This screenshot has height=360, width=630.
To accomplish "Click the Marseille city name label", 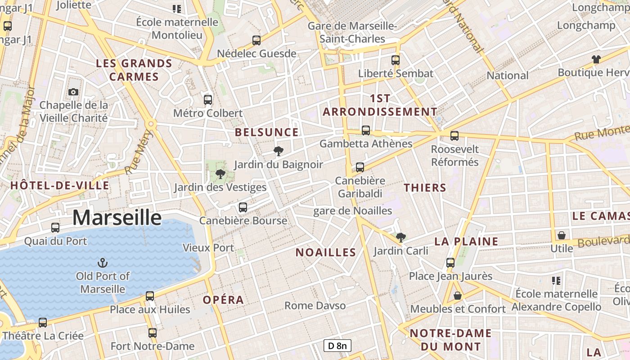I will click(117, 218).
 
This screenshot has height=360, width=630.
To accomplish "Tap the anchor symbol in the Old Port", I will click(103, 262).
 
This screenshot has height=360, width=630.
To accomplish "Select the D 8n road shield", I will click(337, 346).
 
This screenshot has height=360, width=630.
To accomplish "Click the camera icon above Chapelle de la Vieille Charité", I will click(73, 92).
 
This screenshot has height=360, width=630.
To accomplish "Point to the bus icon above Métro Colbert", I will click(207, 99).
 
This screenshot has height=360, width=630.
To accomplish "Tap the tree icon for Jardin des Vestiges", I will click(220, 174).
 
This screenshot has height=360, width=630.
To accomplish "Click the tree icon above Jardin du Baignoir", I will click(279, 151).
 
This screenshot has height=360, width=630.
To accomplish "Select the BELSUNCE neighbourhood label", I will click(267, 132).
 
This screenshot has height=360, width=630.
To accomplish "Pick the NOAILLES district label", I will click(326, 252).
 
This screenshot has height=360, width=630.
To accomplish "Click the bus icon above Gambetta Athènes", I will click(366, 130).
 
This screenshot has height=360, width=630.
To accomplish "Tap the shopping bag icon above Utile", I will click(562, 235).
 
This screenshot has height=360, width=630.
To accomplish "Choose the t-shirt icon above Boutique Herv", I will click(596, 59).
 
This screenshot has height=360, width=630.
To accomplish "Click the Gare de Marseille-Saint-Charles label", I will click(352, 32).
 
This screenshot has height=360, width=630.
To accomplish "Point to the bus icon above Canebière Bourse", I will click(243, 207).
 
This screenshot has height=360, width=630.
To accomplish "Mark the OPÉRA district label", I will click(223, 300).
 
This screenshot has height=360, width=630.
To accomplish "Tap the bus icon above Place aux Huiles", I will click(150, 296).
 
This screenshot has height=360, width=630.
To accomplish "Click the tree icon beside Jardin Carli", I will click(400, 237).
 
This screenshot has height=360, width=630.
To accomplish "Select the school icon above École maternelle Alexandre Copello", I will click(556, 281).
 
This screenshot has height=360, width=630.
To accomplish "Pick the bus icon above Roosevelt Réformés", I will click(454, 135).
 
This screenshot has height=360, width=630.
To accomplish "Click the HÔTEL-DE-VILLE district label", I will click(60, 185).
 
